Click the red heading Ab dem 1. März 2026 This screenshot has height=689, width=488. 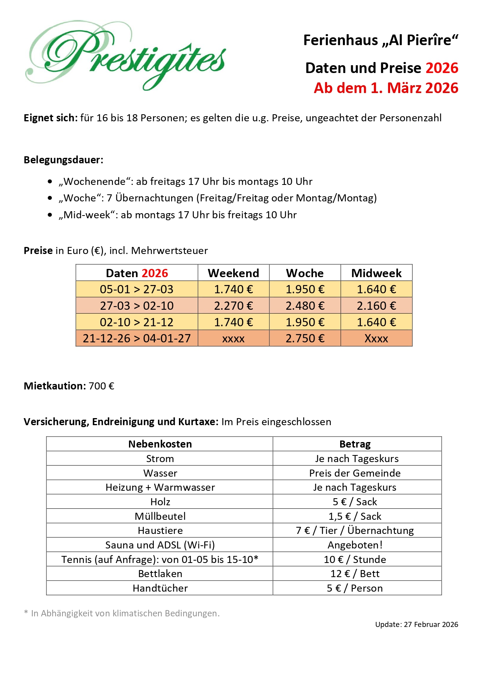click(386, 88)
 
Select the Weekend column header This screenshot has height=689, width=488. click(233, 273)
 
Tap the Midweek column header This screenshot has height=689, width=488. click(376, 273)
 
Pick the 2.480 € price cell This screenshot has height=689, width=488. click(305, 305)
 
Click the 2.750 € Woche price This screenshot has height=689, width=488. click(305, 338)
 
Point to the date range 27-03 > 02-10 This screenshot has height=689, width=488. click(136, 305)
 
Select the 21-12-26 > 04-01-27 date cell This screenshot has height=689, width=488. click(136, 338)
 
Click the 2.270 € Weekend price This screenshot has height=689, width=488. click(233, 305)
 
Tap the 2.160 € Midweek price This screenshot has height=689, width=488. click(376, 305)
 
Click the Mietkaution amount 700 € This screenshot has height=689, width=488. click(101, 386)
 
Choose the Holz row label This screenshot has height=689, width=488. click(160, 502)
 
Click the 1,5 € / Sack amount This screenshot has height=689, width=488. click(355, 516)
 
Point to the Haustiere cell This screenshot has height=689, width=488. click(160, 530)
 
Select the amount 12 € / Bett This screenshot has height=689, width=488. click(355, 574)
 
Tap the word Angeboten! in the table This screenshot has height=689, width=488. click(355, 545)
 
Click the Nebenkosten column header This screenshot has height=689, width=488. click(160, 444)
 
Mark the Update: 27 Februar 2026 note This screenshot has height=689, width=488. click(416, 624)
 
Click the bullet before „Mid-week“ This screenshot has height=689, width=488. click(50, 215)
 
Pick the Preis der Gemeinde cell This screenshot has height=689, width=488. click(355, 473)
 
